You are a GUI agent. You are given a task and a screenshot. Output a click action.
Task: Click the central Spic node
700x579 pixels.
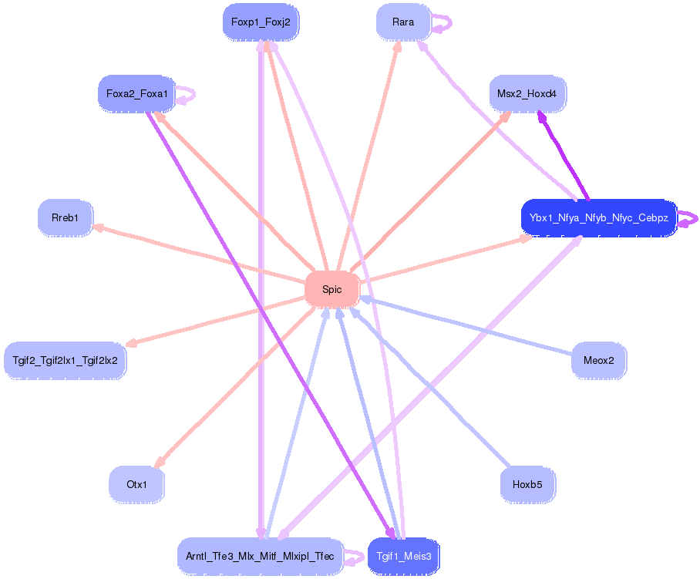[x=332, y=290]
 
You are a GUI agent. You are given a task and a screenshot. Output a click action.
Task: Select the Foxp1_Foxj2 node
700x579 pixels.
[x=261, y=22]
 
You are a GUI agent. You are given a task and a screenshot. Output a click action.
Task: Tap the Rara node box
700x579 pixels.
[x=403, y=22]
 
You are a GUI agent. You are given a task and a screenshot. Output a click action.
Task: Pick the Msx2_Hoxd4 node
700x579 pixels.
[x=528, y=94]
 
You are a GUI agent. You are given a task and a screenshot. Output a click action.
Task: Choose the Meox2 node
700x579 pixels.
[x=599, y=360]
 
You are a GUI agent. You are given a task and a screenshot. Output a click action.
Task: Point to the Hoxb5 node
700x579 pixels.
[x=528, y=485]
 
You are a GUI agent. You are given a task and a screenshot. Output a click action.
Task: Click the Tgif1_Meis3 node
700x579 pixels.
[x=403, y=556]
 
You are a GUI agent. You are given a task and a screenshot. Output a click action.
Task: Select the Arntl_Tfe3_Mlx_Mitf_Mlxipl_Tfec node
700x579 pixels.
[x=260, y=556]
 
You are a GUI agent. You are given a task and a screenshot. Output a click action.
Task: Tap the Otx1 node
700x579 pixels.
[x=136, y=485]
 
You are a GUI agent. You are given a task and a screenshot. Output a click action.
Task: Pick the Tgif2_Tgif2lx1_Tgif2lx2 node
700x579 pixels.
[x=65, y=360]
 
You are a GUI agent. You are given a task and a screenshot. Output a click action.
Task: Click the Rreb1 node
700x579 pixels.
[x=65, y=218]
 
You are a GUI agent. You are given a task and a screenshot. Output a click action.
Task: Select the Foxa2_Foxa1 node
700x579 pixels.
[x=136, y=94]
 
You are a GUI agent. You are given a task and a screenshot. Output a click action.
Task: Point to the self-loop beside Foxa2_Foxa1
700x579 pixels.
[x=187, y=96]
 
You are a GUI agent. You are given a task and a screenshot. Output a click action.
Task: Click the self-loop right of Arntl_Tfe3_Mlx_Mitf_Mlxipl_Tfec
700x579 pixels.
[x=354, y=557]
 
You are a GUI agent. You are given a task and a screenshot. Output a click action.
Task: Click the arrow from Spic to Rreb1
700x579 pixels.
[x=200, y=254]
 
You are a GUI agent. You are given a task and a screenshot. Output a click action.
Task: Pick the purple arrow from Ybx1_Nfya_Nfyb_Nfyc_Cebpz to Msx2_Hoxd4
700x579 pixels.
[x=563, y=154]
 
